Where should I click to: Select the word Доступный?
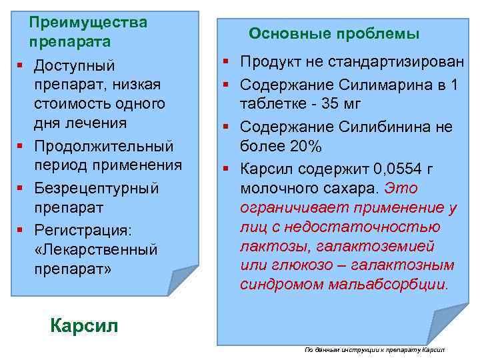pyautogui.click(x=75, y=65)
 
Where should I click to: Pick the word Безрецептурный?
pyautogui.click(x=97, y=188)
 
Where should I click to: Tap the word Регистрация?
pyautogui.click(x=83, y=230)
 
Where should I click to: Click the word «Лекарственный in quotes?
pyautogui.click(x=96, y=250)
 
